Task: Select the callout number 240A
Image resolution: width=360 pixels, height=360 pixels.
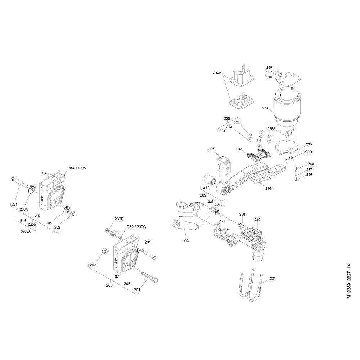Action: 217,73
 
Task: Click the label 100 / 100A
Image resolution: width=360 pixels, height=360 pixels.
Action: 77,168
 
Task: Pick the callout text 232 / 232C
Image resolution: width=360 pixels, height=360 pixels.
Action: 136,227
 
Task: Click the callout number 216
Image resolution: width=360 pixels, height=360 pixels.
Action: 268,189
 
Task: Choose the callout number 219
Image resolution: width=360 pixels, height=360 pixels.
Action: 258,220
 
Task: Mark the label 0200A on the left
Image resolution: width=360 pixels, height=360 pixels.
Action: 26,231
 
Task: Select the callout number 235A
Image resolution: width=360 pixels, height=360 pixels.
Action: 271,129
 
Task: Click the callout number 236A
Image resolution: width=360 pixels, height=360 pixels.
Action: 310,164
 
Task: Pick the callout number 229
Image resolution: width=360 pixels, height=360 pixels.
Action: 242,214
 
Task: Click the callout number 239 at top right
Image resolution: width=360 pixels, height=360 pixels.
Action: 269,68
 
